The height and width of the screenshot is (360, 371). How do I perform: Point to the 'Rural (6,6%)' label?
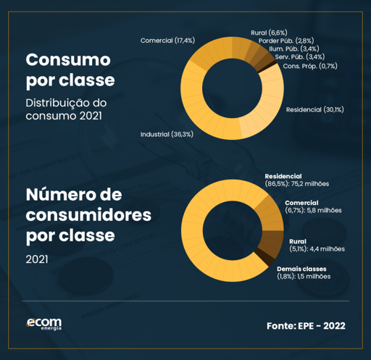click(269, 33)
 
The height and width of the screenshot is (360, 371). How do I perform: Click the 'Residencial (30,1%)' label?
click(315, 109)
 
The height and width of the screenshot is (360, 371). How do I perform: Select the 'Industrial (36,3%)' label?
click(166, 135)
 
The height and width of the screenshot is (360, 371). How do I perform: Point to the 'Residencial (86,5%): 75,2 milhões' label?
click(297, 180)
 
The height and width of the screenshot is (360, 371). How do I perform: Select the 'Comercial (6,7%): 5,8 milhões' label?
click(313, 206)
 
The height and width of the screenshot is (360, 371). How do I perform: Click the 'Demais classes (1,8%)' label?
click(304, 272)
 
